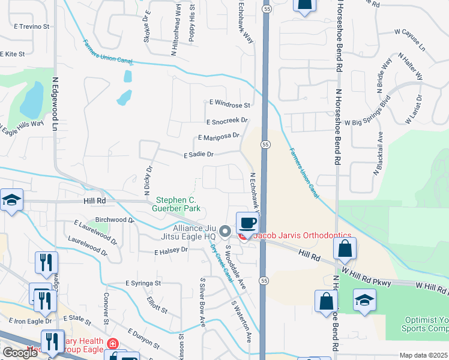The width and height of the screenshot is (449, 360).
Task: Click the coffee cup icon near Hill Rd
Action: click(x=247, y=223)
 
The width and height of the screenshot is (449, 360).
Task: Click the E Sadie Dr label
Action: click(x=198, y=154)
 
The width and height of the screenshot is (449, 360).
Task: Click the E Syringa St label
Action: click(x=143, y=283)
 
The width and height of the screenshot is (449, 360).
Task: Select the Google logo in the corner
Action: click(x=20, y=353)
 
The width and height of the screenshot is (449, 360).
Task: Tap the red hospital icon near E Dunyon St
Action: click(x=112, y=344)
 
